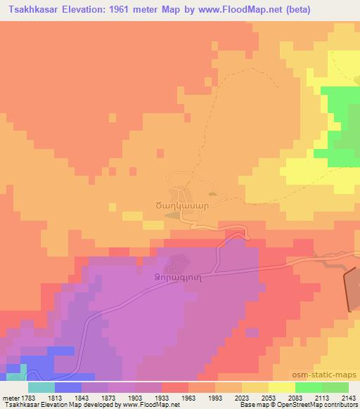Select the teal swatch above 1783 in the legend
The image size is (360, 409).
(x=41, y=387)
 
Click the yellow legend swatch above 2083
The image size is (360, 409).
(x=282, y=387)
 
